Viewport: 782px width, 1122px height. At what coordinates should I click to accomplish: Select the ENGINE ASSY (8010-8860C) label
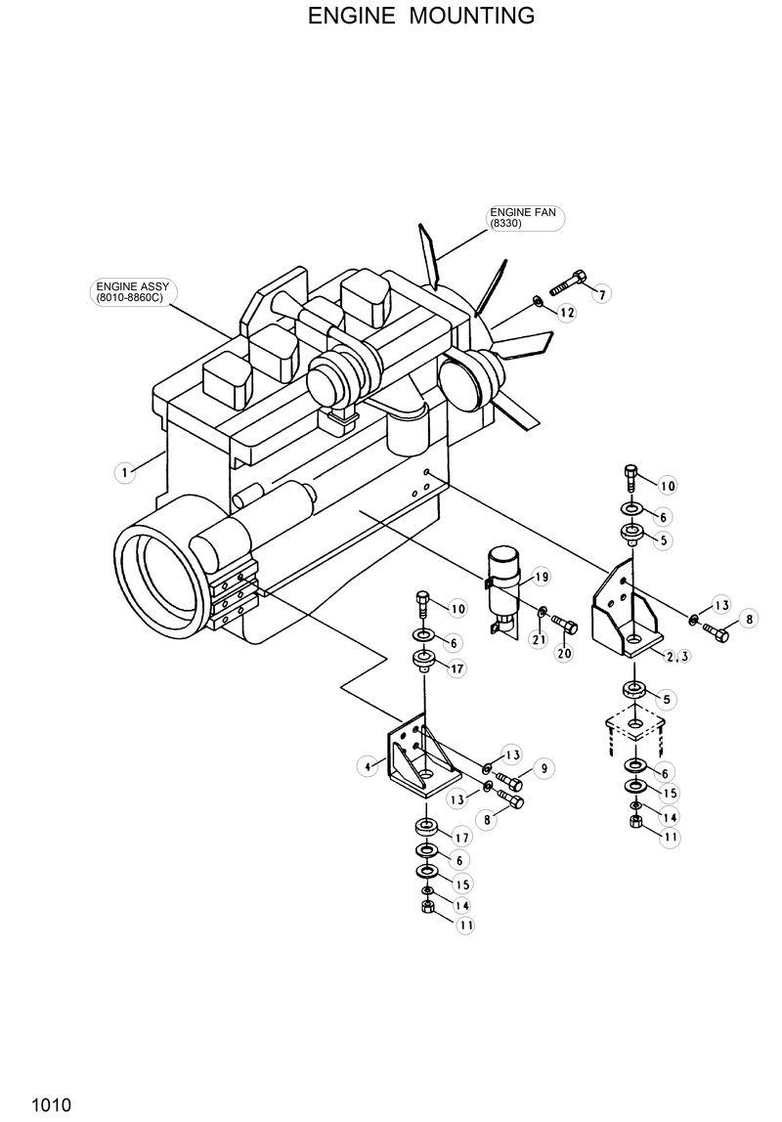coord(131,291)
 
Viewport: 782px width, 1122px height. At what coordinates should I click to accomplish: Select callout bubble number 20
coord(564,654)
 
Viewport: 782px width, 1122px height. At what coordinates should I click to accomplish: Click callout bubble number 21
coord(537,640)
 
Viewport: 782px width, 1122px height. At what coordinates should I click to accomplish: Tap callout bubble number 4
coord(369,767)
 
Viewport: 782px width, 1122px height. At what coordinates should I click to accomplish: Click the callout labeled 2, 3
coord(677,656)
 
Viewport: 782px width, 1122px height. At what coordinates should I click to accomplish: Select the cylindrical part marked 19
coord(506,583)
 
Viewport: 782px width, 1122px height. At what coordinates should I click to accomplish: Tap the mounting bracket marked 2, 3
coord(626,611)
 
